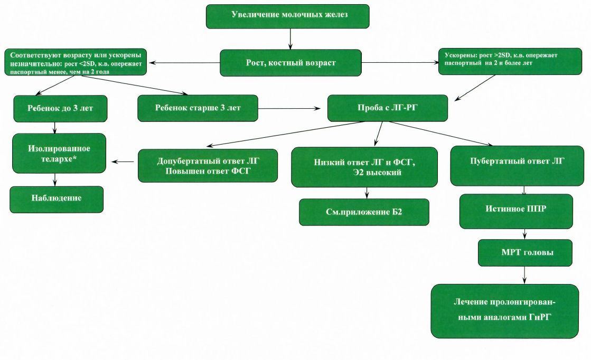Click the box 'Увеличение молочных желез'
(x=288, y=16)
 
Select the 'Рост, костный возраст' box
(x=290, y=63)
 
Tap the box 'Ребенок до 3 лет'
(x=60, y=108)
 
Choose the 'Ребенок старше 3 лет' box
(x=198, y=108)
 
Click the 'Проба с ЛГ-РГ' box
(x=388, y=108)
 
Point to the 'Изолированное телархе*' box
(x=59, y=153)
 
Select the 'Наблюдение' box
(x=57, y=200)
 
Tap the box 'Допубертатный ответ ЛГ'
(x=208, y=166)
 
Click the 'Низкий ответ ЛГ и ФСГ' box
(x=364, y=167)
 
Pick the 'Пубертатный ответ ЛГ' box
(x=517, y=166)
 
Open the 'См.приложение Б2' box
(x=364, y=212)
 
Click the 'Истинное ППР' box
(x=516, y=211)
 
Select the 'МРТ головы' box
(x=525, y=253)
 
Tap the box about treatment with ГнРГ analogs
(x=505, y=311)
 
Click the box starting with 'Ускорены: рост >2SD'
(x=510, y=61)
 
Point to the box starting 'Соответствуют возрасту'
(x=76, y=62)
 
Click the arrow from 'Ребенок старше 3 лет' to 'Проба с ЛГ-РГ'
(x=289, y=108)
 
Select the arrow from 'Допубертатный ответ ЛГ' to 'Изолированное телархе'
(x=123, y=162)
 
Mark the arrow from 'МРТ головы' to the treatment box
(x=524, y=275)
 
